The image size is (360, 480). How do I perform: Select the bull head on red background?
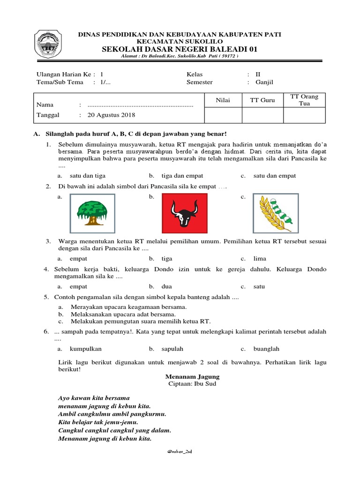(183, 213)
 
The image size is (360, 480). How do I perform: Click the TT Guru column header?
(262, 99)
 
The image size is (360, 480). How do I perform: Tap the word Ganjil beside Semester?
(264, 82)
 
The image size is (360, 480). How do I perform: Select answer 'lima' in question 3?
(260, 258)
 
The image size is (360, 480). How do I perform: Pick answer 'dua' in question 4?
(167, 286)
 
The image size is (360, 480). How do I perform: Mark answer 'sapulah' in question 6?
(172, 349)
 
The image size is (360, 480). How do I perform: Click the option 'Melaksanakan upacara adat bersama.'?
(123, 314)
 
